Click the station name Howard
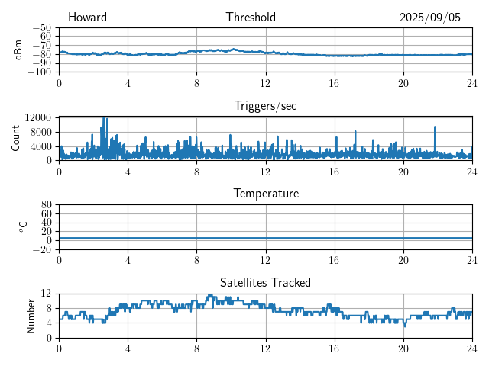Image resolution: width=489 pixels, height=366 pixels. coord(87,18)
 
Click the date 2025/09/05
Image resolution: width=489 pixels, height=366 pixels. coord(430,18)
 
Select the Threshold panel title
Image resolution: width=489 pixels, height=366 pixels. coord(251,18)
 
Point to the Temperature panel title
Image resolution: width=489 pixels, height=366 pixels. coord(265,194)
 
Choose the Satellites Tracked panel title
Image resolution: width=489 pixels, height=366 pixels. coord(265,282)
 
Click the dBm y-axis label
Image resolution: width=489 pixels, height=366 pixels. coord(18,50)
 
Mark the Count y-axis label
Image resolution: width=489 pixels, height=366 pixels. coord(15,138)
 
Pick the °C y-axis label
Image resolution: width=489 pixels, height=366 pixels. coord(24,226)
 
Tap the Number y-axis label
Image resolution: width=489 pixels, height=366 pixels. coord(31,315)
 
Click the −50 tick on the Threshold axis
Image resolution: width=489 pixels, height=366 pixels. coord(40,27)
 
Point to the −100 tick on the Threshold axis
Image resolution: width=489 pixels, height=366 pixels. coord(38,72)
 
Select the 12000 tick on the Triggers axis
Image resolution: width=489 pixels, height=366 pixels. coord(37,117)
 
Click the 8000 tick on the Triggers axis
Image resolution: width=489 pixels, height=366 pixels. coord(40,132)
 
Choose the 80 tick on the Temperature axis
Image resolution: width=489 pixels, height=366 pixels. coord(46,205)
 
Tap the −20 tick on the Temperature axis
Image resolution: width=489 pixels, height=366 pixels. coord(43,249)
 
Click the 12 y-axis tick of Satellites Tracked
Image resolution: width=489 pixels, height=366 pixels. coord(46,294)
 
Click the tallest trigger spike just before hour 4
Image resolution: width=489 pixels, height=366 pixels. coord(103,118)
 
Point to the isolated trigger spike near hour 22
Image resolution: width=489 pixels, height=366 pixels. coord(435,127)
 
